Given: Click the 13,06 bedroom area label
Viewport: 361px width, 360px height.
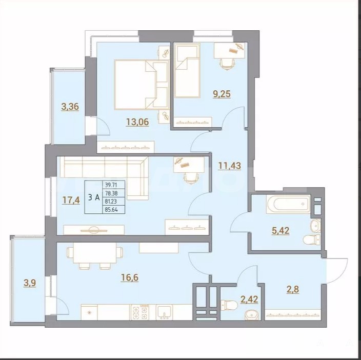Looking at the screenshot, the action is pos(137,122).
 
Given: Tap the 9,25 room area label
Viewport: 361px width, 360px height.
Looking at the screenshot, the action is pos(222,94).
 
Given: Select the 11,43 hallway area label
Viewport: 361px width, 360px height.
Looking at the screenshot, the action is pos(230,166).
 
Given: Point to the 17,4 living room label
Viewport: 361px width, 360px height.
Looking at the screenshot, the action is pos(71,200).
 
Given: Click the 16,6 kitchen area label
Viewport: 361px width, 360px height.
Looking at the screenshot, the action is pos(130,277).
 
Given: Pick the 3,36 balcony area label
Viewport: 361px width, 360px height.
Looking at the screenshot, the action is pos(70,107).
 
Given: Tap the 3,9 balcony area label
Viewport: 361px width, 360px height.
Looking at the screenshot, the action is pos(30,283).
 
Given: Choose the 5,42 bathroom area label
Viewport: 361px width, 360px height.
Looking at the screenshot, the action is pos(280,230).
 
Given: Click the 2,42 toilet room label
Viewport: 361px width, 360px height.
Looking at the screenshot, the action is pos(249,299).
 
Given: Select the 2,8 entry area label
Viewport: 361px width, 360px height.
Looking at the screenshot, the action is pos(293,289).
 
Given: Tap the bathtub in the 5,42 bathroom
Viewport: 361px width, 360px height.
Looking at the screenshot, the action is pos(289,204).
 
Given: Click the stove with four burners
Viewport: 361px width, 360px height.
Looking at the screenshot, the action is pos(139,312).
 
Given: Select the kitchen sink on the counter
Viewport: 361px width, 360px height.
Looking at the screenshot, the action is pos(164,312).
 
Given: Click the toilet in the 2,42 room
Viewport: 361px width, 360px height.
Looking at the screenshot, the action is pos(229,305).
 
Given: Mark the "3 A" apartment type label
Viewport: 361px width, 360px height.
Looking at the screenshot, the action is pos(94,197).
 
